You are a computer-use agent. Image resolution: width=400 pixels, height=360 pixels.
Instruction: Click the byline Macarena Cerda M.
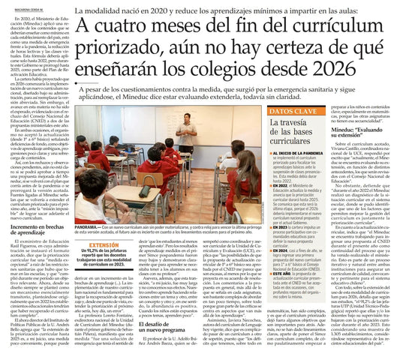click(17, 5)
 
